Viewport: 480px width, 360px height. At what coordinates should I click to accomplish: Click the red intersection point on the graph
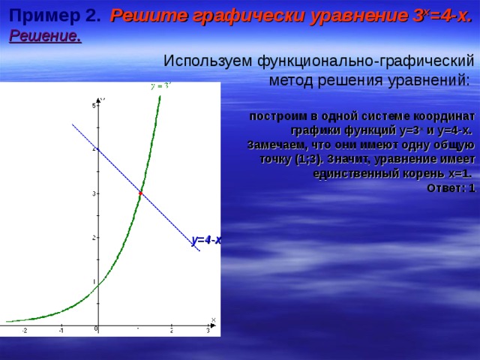coord(140,193)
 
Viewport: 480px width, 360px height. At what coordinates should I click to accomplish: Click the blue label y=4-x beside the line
coord(206,240)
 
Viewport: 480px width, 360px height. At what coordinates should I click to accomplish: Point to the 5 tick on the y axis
coord(94,106)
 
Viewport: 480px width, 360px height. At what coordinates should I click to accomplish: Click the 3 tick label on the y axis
coord(94,193)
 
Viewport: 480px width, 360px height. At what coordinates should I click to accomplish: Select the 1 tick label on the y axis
coord(94,282)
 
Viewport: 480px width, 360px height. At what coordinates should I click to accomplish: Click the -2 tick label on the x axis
coord(24,331)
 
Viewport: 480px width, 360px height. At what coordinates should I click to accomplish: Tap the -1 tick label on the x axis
coord(61,331)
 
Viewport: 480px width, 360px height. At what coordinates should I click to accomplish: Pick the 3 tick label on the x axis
coord(208,331)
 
